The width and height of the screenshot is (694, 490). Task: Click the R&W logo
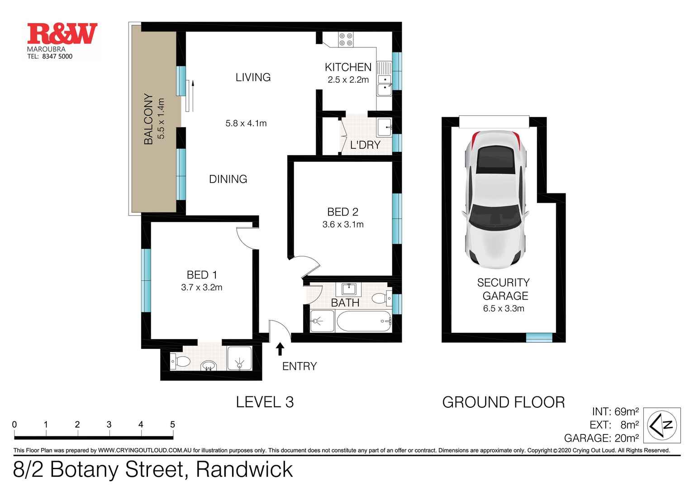(x=62, y=34)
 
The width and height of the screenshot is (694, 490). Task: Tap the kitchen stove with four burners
(x=347, y=39)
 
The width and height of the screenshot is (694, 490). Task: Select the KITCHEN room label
(x=348, y=67)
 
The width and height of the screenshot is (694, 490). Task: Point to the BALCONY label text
(x=148, y=119)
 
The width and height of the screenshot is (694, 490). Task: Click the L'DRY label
(x=366, y=145)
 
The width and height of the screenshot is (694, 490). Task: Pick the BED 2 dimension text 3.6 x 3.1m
(x=343, y=224)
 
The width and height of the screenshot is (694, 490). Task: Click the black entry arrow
(x=280, y=348)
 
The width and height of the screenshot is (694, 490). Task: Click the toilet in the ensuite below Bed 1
(x=181, y=361)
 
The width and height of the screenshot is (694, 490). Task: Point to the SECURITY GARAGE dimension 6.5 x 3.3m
(x=503, y=309)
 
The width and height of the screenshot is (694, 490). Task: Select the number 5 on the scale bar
(x=172, y=424)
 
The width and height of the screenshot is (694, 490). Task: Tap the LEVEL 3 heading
(x=265, y=401)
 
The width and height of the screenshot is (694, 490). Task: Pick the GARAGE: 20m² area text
(x=601, y=438)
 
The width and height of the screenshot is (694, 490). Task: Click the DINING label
(x=228, y=179)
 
